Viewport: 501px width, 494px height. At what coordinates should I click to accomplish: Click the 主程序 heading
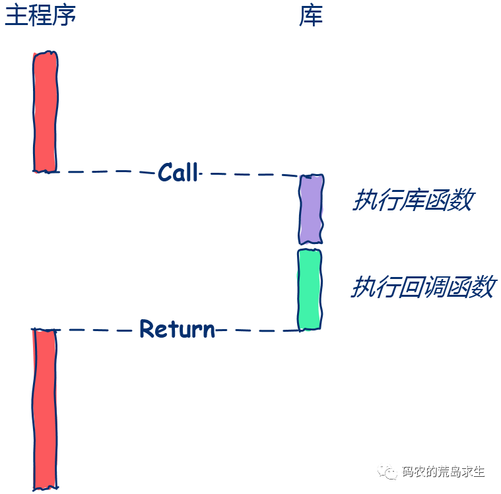[x=40, y=16]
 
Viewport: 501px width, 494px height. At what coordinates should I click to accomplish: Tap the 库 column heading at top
[x=311, y=16]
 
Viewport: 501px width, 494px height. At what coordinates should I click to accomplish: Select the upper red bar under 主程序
[x=45, y=111]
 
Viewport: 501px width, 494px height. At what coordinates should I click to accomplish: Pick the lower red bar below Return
[x=44, y=409]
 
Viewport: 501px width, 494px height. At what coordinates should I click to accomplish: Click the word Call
[x=178, y=173]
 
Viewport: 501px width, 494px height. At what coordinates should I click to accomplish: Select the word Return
[x=177, y=328]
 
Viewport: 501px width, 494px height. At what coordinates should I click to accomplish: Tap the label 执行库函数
[x=412, y=201]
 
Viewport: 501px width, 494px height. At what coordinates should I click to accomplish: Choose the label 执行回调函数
[x=422, y=288]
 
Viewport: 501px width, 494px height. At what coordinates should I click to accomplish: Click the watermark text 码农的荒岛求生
[x=444, y=472]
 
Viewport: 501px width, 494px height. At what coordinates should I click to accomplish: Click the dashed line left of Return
[x=96, y=329]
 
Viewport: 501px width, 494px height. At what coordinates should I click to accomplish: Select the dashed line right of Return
[x=257, y=330]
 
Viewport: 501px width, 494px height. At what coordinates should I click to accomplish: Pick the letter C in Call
[x=165, y=173]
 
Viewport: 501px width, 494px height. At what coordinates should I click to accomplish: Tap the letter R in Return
[x=147, y=328]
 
